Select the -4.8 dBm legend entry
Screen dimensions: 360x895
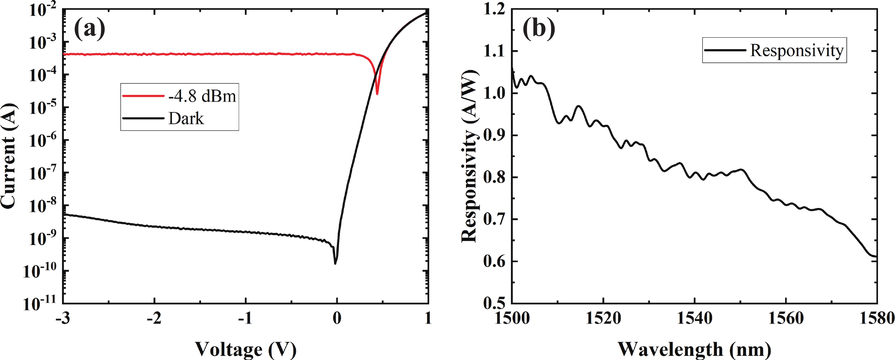click(202, 96)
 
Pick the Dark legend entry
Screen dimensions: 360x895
click(186, 118)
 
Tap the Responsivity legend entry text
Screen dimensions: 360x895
click(797, 51)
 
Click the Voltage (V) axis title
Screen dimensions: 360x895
click(245, 349)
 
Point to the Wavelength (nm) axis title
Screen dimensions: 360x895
click(694, 349)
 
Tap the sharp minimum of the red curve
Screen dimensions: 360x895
click(377, 93)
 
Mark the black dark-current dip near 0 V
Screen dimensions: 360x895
click(335, 263)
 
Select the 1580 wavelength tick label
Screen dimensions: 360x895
click(876, 318)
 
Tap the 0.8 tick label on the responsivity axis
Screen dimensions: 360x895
click(494, 177)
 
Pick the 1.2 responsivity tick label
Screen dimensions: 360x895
click(494, 9)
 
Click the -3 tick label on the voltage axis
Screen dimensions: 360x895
click(63, 318)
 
